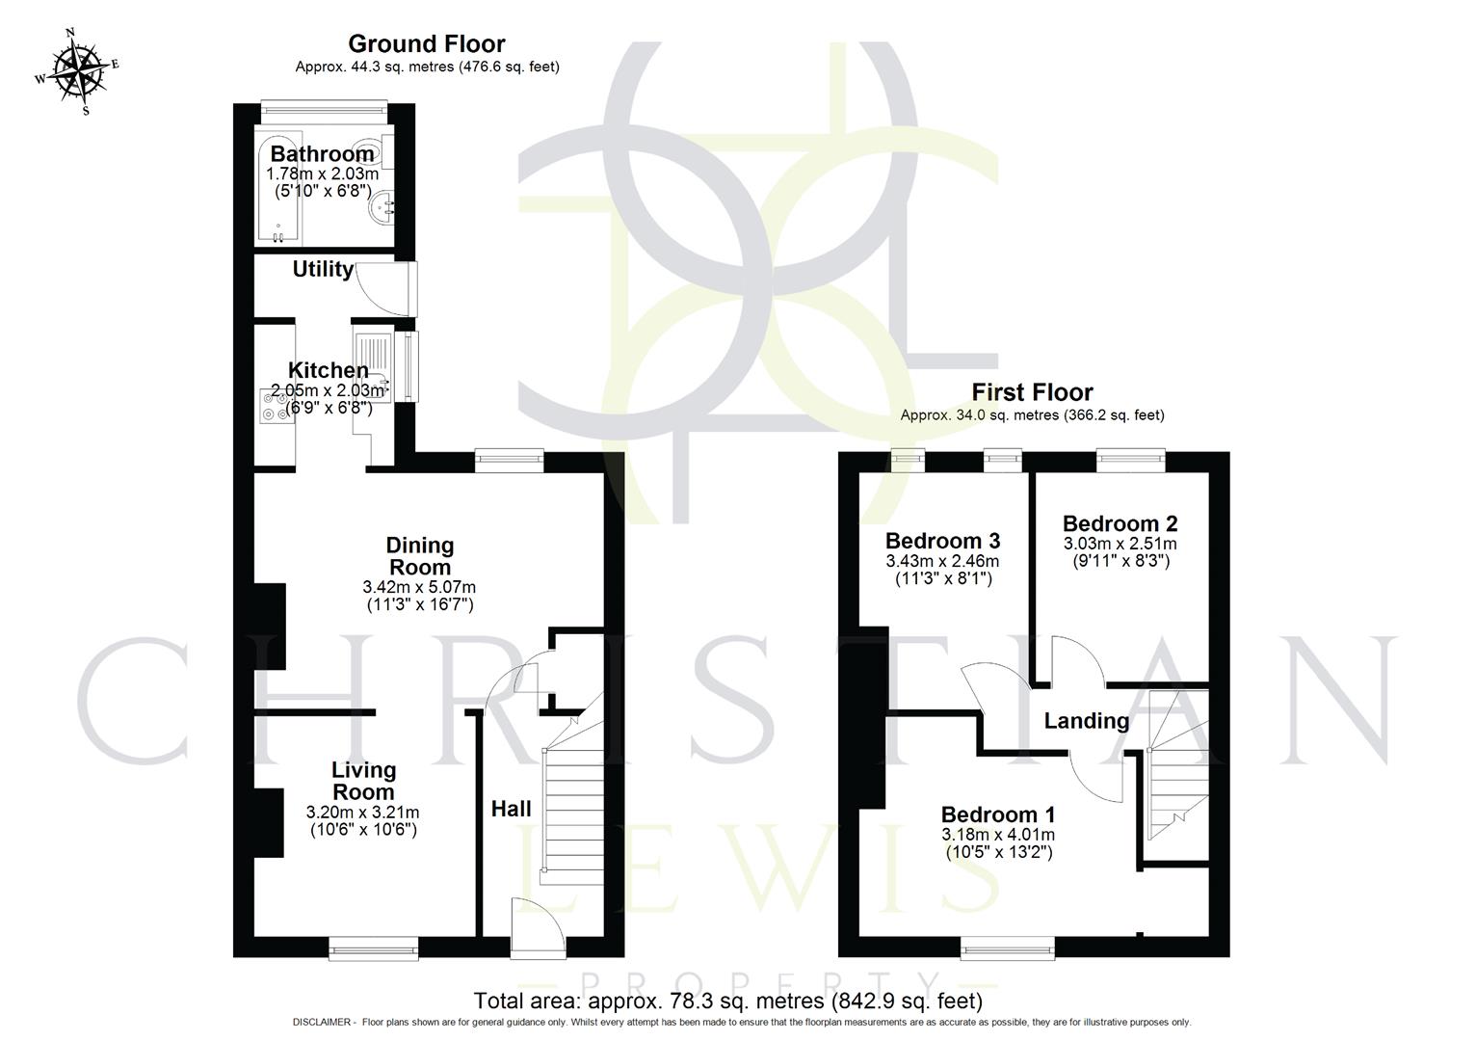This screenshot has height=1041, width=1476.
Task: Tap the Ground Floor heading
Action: (426, 43)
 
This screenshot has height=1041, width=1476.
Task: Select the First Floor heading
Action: (1032, 392)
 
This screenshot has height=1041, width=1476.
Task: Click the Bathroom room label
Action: (322, 154)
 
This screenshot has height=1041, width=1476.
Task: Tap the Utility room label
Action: (323, 270)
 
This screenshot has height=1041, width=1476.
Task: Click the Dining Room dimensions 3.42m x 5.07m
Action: (419, 587)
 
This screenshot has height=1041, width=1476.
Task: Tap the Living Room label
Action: (363, 781)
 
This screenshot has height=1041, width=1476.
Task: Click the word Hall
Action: (511, 809)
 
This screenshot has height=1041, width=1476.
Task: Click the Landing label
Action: (1087, 721)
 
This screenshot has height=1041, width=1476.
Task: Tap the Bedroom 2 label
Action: (1120, 523)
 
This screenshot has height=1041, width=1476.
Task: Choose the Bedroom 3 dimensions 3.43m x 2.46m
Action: (942, 561)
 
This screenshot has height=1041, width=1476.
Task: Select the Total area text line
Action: (728, 1001)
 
